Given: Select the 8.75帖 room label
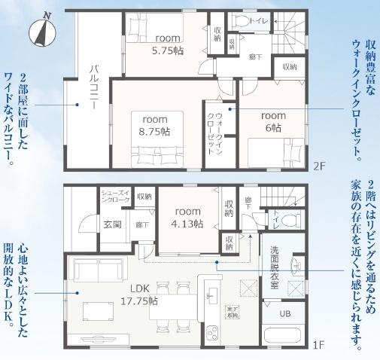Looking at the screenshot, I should pos(154,125).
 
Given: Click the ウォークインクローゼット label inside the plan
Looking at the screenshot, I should pos(215,131).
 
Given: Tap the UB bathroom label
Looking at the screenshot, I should pos(285,313).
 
